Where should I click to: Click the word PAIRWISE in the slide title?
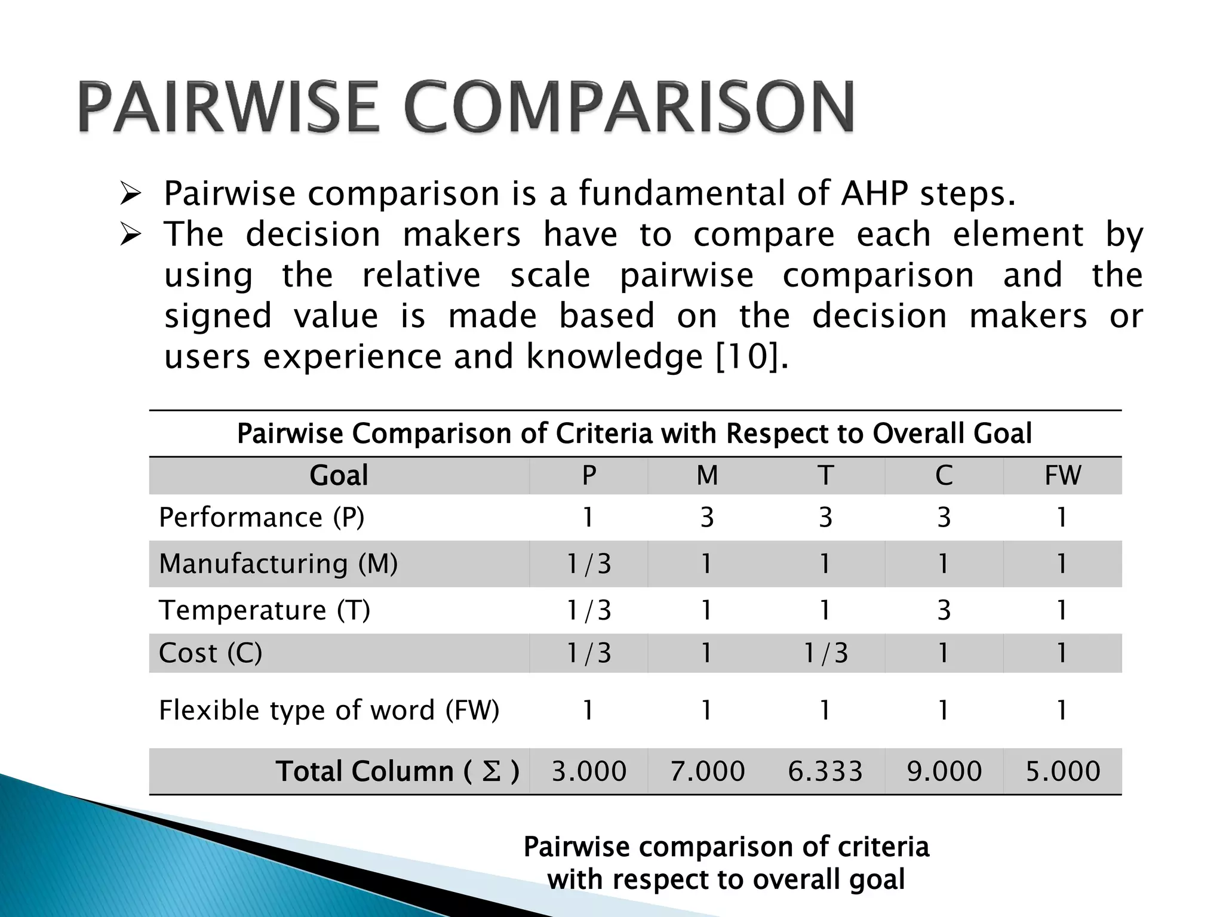228,107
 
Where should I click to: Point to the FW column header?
1062,476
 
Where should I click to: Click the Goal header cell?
339,476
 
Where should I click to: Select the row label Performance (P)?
262,517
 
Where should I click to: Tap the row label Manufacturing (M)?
278,564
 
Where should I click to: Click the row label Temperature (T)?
265,610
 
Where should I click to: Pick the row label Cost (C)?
210,653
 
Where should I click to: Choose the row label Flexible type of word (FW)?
328,710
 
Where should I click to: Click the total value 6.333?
825,771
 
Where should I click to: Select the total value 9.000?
944,771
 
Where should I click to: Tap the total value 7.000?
707,771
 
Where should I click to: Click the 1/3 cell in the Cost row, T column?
825,653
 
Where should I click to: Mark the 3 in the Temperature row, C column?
944,610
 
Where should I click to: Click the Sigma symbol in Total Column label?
491,771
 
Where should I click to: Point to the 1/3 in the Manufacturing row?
589,564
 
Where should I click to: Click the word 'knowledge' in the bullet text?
614,357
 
